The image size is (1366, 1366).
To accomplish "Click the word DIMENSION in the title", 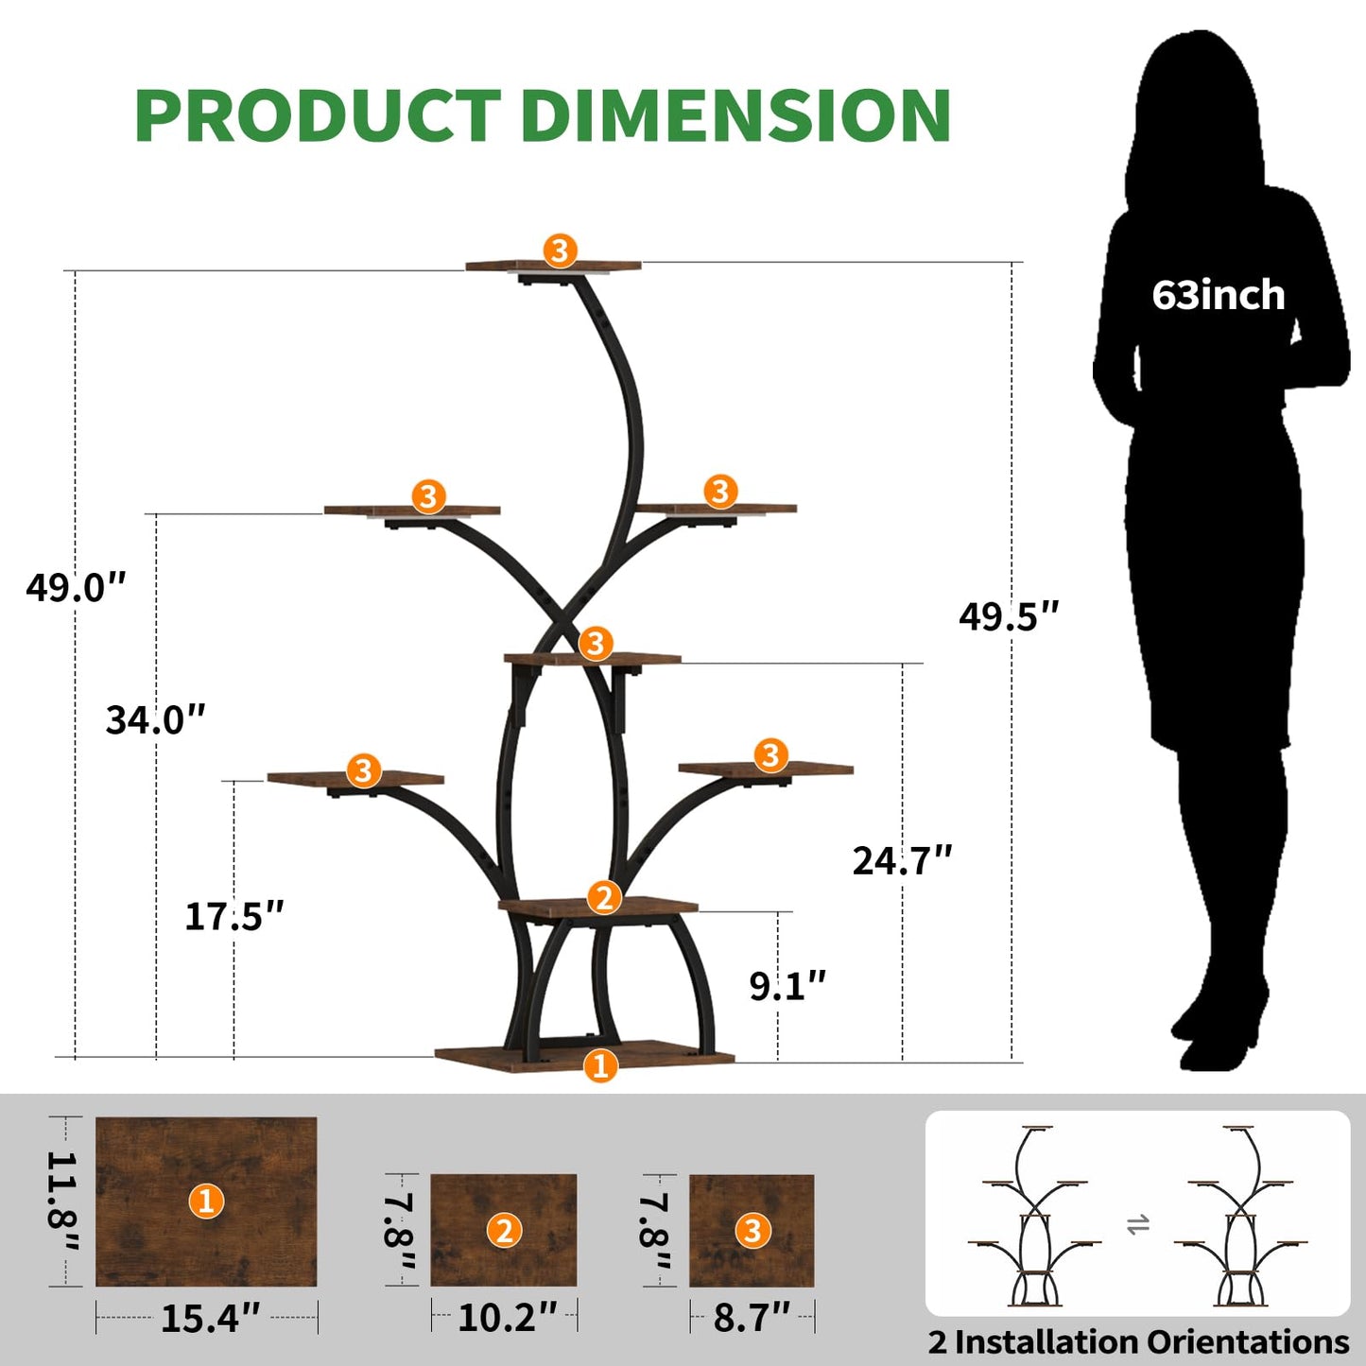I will coord(735,115).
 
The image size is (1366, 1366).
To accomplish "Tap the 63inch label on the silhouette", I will coord(1218,295).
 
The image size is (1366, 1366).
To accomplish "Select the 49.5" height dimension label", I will coord(1009,616).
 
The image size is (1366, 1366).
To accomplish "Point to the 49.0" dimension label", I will coord(76,587).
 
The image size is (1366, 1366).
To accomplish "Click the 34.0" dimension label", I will coord(155,719).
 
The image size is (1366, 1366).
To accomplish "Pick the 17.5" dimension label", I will coord(233,915).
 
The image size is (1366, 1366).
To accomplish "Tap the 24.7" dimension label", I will coord(902,860).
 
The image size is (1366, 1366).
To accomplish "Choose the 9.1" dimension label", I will coord(787,986).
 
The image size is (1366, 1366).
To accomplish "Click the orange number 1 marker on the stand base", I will coord(600,1065).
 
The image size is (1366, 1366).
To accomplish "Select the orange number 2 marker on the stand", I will coord(604,897).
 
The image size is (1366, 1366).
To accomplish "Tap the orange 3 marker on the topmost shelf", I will coord(560,251).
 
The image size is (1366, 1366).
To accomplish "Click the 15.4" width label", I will coord(210,1318).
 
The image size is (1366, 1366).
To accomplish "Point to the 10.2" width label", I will coord(507,1317).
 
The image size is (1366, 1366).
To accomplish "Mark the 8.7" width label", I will coord(752,1317).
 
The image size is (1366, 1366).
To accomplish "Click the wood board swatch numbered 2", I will coord(504,1230).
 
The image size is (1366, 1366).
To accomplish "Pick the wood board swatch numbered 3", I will coord(752,1231).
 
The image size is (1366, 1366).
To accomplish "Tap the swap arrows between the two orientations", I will coord(1138,1225).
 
